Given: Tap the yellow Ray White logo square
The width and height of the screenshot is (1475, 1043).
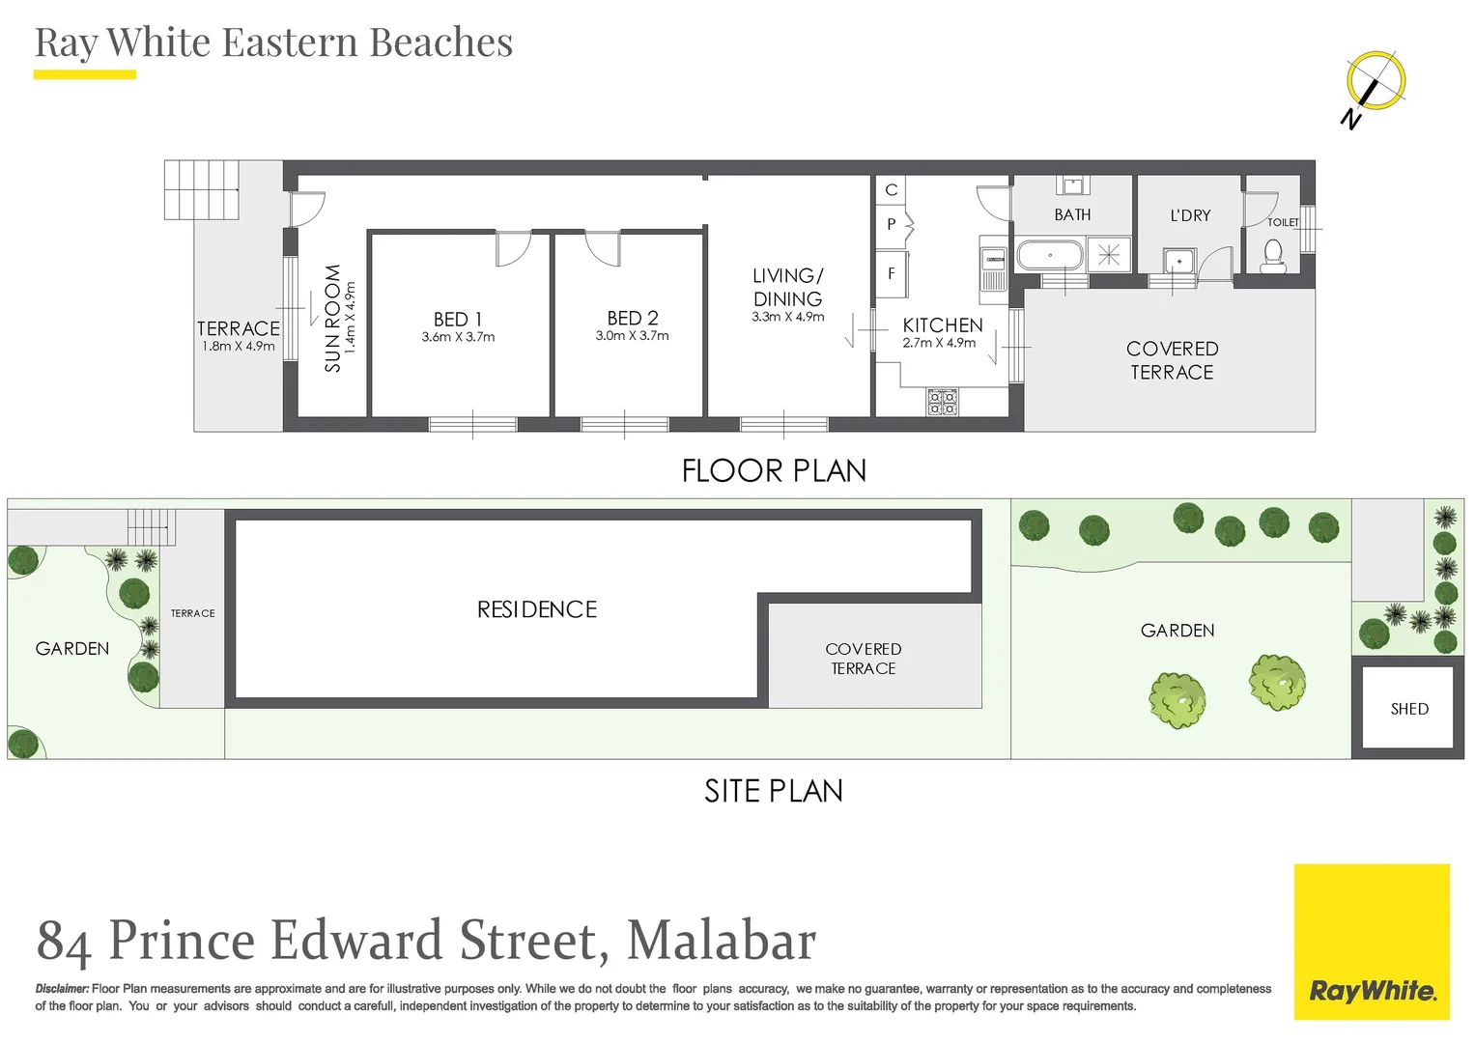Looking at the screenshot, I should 1372,941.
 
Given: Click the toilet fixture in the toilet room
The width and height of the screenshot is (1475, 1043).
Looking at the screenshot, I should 1272,257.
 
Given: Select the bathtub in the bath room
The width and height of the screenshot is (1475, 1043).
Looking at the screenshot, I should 1050,256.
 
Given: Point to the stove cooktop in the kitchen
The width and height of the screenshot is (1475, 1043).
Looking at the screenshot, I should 942,402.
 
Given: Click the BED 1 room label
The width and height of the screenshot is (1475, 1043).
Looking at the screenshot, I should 458,319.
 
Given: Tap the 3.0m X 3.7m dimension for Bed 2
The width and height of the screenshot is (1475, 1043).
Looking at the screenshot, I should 632,336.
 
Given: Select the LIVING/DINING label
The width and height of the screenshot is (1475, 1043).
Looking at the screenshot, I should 787,287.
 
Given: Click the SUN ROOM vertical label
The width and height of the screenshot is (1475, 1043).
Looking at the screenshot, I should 333,318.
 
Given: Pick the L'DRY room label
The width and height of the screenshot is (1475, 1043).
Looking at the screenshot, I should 1190,215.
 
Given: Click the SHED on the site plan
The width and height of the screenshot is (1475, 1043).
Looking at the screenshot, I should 1408,709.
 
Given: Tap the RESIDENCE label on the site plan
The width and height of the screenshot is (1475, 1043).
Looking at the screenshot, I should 537,609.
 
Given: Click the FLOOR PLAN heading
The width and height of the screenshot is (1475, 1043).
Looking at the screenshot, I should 774,470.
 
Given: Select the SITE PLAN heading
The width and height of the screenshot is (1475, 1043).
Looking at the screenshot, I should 774,791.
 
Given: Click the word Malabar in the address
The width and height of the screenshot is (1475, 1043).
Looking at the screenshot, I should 721,941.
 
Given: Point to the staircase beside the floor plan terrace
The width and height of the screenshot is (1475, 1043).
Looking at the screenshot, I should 201,189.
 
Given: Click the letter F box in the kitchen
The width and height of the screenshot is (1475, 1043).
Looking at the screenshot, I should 892,274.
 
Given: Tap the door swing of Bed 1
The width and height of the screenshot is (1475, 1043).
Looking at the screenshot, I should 512,248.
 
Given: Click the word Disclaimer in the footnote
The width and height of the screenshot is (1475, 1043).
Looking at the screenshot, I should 62,989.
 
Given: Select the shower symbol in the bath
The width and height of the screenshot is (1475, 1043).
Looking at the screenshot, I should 1109,255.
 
